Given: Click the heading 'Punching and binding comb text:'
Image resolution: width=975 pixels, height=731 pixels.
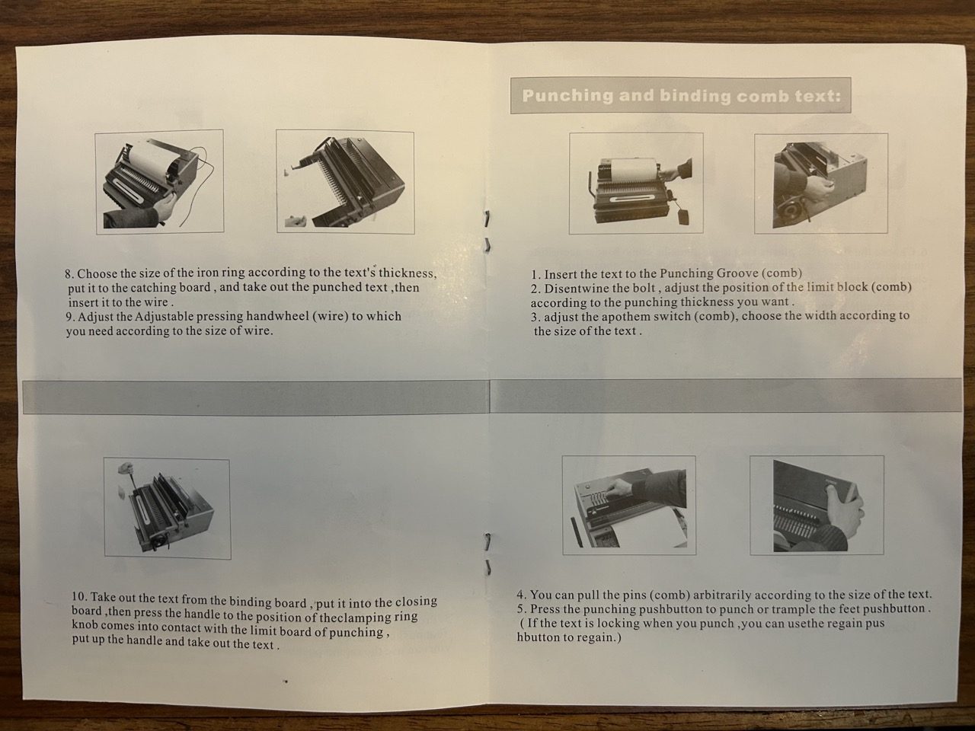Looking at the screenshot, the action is pyautogui.click(x=681, y=96).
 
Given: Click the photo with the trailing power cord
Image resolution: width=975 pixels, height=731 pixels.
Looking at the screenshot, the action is pyautogui.click(x=159, y=181).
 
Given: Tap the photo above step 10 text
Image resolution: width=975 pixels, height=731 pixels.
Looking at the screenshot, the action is pyautogui.click(x=168, y=509).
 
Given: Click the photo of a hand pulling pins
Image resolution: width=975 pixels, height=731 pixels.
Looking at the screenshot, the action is pyautogui.click(x=629, y=505).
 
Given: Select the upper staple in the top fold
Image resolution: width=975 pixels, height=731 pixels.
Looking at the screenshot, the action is pyautogui.click(x=487, y=219).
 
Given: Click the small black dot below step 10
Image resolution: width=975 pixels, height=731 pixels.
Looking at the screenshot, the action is pyautogui.click(x=286, y=681).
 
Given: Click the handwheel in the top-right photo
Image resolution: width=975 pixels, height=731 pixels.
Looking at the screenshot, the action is pyautogui.click(x=790, y=208).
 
